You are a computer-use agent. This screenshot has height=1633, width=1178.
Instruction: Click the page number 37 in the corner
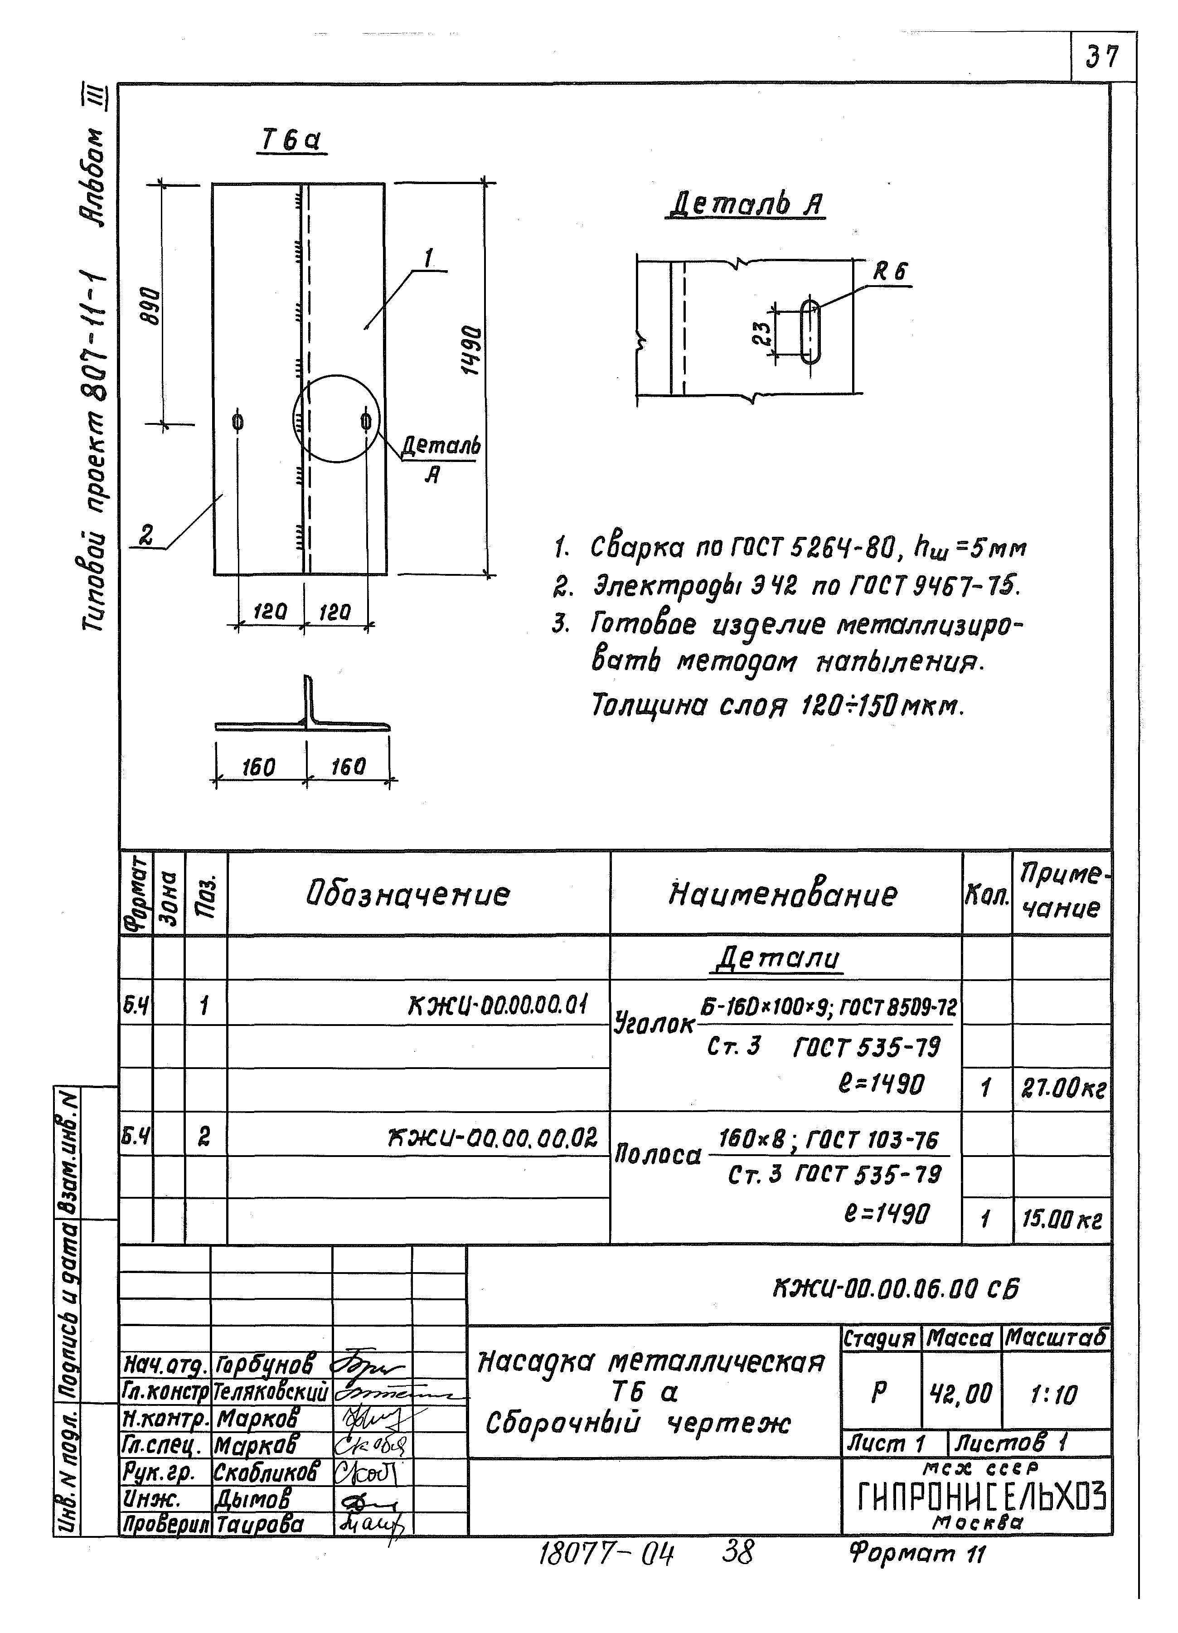[1102, 57]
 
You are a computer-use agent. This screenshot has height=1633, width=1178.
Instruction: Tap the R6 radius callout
[891, 272]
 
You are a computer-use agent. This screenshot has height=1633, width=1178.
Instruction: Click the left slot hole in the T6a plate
[238, 421]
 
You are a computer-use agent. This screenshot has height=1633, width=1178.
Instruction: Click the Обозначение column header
[408, 894]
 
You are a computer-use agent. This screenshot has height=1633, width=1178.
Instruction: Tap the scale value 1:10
[1053, 1396]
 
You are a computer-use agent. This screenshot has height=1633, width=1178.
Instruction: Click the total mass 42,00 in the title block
[961, 1395]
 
